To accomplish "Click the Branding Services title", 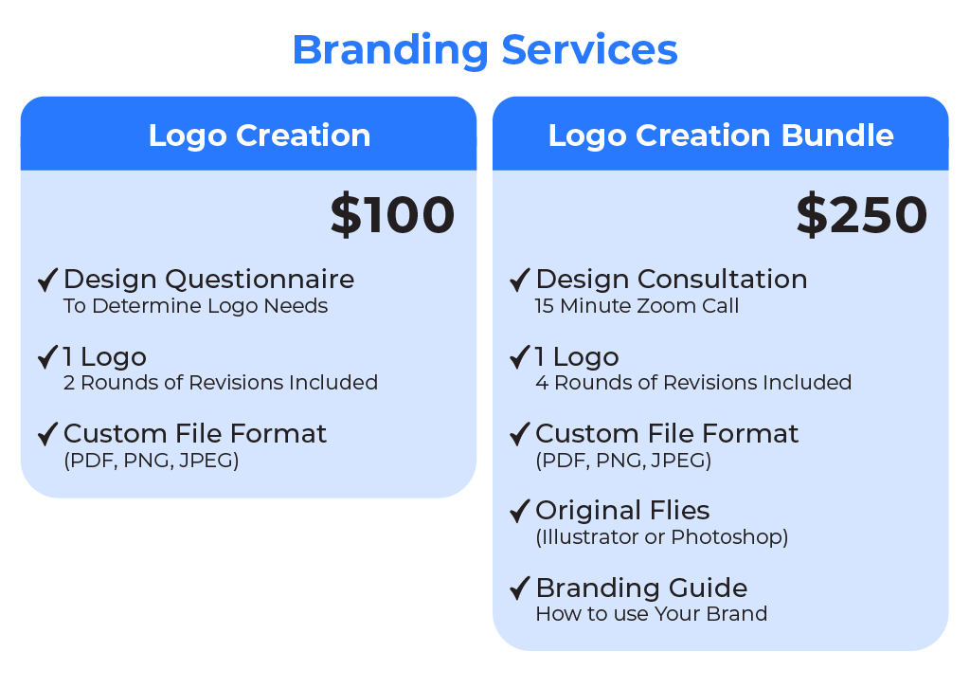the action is [485, 51].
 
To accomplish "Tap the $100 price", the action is [393, 215].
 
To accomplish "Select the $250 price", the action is [862, 215].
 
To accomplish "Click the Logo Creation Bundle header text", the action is [721, 136].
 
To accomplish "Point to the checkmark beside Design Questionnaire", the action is [47, 280].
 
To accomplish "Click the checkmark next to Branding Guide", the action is [520, 588].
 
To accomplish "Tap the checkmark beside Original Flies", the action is [520, 511].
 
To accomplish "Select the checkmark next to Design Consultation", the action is [520, 280].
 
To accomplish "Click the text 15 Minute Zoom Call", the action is [638, 306].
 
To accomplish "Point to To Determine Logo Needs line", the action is [195, 306].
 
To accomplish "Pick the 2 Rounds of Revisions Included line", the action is [220, 382].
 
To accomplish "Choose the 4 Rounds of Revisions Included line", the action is [693, 382].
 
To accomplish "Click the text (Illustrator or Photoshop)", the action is [662, 537].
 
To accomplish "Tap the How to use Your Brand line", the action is [652, 614].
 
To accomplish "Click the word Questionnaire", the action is [260, 280].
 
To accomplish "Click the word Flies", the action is [678, 511].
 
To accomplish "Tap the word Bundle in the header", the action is [837, 136].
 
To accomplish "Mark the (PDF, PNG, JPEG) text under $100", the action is [152, 461].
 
